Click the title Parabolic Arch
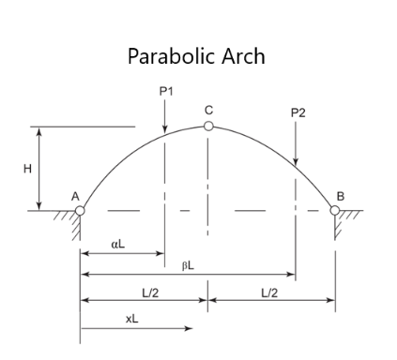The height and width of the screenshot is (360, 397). tap(196, 56)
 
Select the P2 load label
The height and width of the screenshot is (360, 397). tap(298, 112)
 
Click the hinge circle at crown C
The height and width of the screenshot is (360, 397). tap(208, 126)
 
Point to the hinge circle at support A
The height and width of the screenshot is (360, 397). tap(80, 210)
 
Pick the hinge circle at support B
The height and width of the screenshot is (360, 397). tap(335, 209)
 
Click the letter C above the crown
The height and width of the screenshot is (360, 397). tap(208, 111)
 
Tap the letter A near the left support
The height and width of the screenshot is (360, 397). tap(73, 196)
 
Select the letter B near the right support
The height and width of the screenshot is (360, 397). tap(340, 195)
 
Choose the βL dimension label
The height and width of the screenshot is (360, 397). tap(188, 265)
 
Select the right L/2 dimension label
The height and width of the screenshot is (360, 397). tap(269, 292)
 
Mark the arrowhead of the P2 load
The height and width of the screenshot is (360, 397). tap(296, 162)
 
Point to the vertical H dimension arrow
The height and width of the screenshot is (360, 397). tap(39, 169)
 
